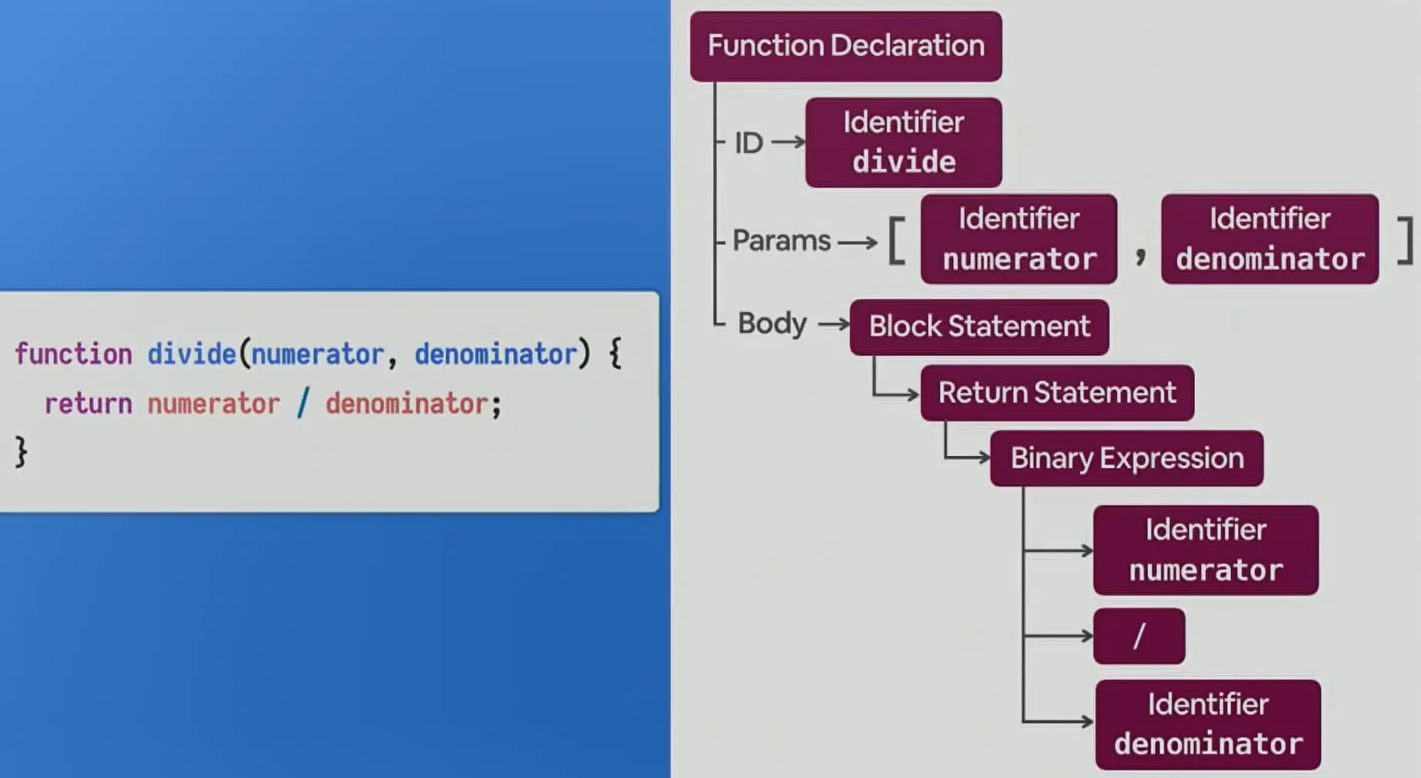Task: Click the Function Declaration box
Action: (846, 46)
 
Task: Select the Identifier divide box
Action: (903, 142)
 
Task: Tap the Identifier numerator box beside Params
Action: (1019, 239)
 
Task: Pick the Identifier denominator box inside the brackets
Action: (1269, 239)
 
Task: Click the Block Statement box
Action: (979, 327)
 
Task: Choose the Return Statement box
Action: (1056, 393)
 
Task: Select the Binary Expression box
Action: (1126, 458)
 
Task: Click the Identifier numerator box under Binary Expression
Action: (1206, 550)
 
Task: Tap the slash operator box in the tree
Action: (1139, 636)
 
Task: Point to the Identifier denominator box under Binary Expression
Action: (1208, 724)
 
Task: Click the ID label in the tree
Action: (749, 143)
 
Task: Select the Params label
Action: (781, 241)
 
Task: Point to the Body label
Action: (772, 324)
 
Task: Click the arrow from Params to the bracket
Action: (857, 243)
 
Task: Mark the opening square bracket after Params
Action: (897, 241)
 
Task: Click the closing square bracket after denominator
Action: (1405, 241)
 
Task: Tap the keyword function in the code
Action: (73, 354)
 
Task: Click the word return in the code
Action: (88, 404)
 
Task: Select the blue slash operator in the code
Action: (302, 403)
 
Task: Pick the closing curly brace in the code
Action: (22, 452)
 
